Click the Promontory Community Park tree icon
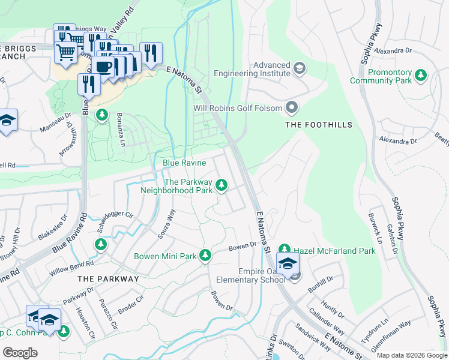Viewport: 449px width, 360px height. click(421, 75)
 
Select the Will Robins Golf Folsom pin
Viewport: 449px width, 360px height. click(292, 108)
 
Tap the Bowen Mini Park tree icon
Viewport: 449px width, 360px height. click(205, 256)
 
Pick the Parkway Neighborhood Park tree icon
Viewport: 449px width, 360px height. click(221, 185)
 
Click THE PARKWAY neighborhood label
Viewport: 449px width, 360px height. click(108, 279)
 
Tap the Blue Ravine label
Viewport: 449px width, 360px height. click(184, 163)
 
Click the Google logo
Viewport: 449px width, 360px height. click(20, 352)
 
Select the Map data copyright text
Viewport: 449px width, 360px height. click(412, 355)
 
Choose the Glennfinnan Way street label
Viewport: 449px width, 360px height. click(391, 330)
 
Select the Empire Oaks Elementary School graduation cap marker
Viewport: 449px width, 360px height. click(288, 264)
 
